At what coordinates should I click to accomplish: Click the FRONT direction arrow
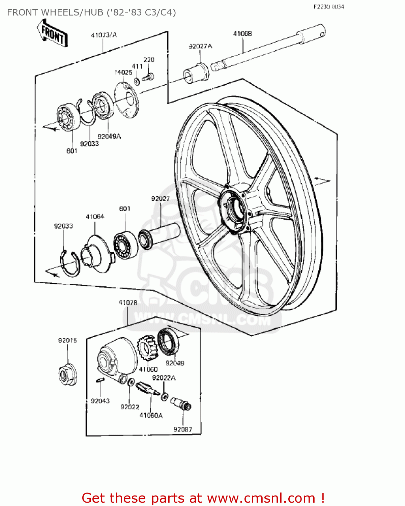coord(53,33)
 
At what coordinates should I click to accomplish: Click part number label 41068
coord(242,34)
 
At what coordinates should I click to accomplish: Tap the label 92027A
coord(200,46)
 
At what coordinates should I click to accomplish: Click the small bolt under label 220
coord(148,77)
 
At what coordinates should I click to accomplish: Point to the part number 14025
coord(123,72)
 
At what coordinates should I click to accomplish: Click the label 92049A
coord(109,136)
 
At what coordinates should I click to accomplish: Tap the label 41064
coord(95,217)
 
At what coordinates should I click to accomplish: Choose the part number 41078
coord(128,303)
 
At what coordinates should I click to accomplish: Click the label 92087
coord(182,429)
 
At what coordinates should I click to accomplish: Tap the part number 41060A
coord(151,415)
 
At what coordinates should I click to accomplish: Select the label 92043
coord(100,401)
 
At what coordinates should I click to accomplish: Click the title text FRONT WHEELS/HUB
coord(91,12)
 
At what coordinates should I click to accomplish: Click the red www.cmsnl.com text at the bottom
coord(261,498)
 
